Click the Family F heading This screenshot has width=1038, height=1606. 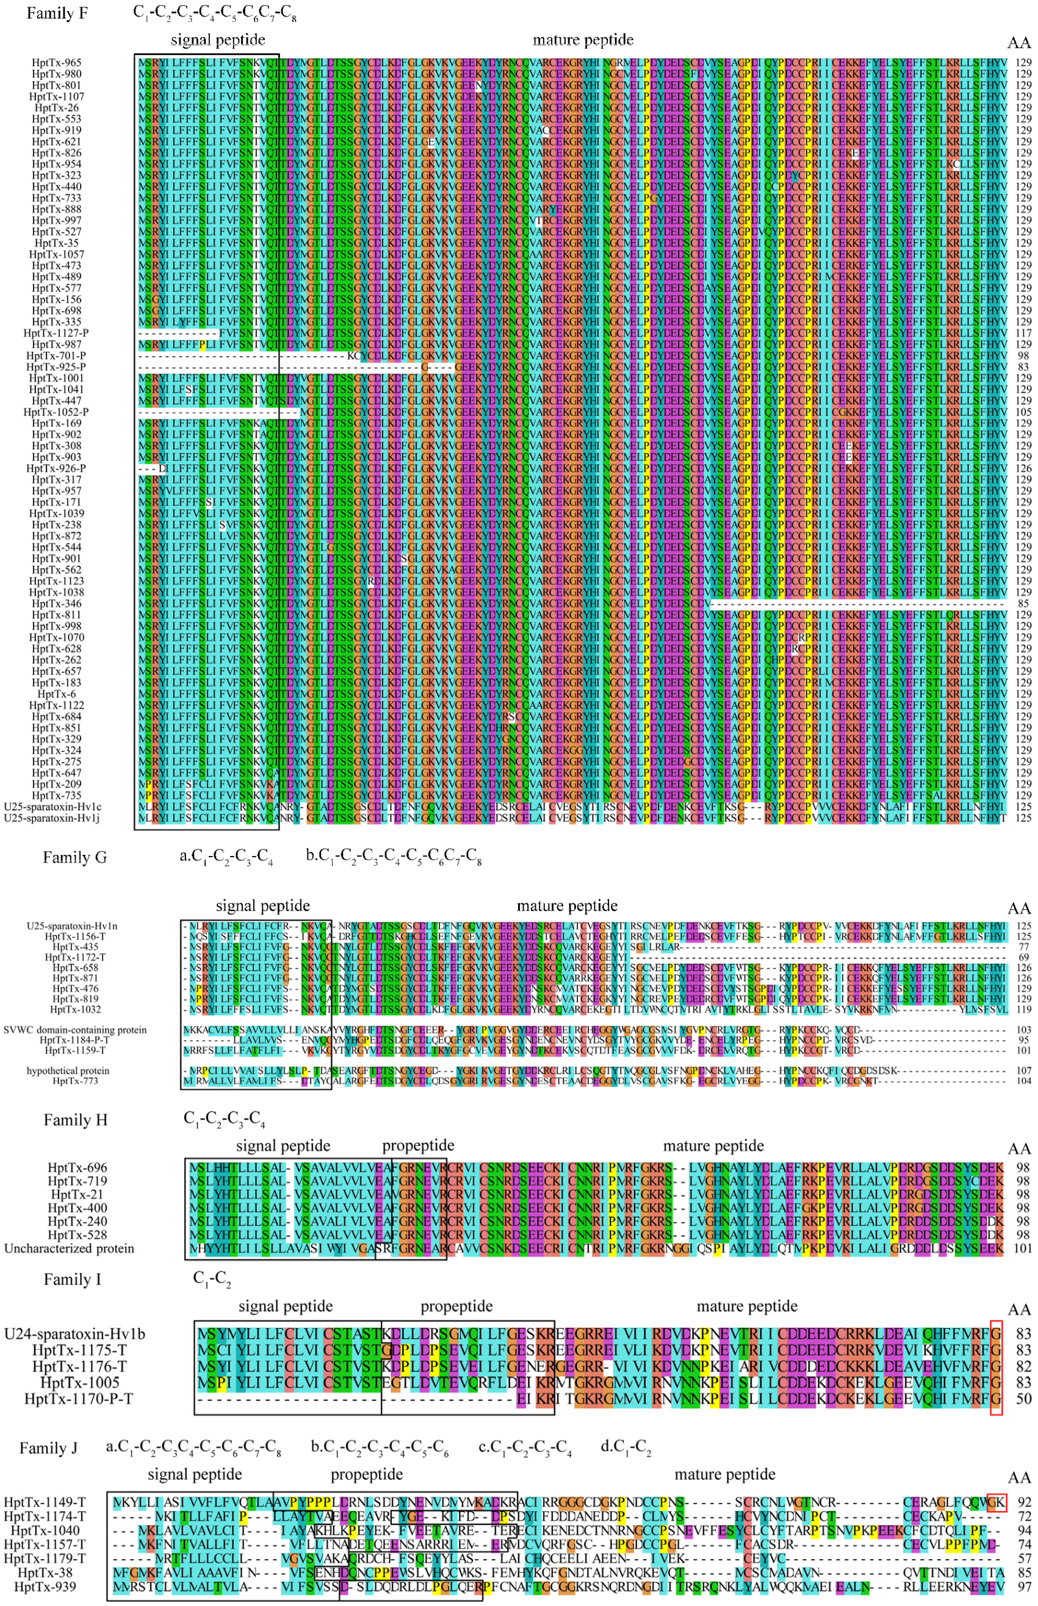(x=57, y=13)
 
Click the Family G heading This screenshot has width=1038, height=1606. (x=74, y=857)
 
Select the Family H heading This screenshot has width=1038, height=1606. (x=76, y=1120)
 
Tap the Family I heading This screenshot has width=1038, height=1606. (x=72, y=1280)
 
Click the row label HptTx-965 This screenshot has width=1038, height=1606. (x=57, y=63)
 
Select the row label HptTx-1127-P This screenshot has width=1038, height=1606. (x=56, y=333)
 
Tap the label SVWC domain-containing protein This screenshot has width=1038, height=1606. (x=75, y=1030)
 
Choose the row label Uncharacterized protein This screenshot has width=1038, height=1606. (x=69, y=1249)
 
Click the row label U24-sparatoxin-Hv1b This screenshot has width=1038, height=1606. (x=74, y=1334)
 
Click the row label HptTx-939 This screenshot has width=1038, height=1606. (x=45, y=1587)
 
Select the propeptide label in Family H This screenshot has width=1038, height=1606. (x=418, y=1146)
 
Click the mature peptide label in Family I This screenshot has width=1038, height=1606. (x=746, y=1307)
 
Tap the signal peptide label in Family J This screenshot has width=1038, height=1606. (x=194, y=1475)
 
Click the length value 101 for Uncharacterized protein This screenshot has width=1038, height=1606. (x=1023, y=1249)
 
